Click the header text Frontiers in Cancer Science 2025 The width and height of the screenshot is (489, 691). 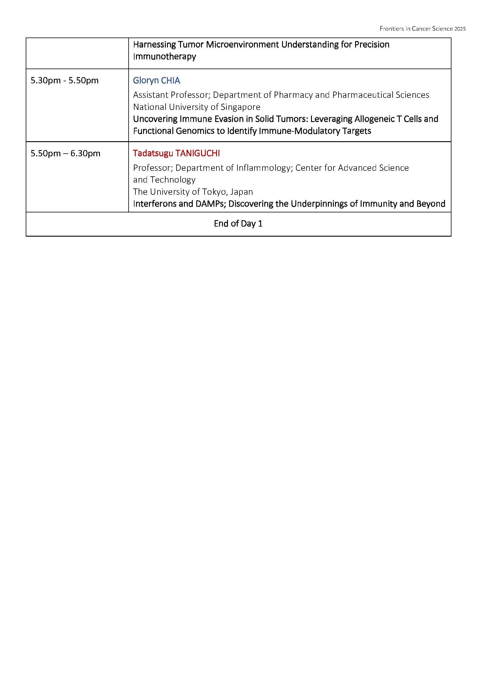pos(422,29)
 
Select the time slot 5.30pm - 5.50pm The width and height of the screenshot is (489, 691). pos(64,81)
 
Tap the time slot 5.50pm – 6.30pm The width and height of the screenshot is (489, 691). pos(65,154)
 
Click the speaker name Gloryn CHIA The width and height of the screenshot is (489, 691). pos(157,81)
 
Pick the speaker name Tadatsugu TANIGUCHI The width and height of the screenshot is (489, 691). pos(177,154)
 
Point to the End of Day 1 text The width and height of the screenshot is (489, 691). pos(238,224)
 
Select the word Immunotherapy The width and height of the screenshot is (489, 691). pos(165,57)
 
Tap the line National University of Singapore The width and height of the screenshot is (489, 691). pos(197,107)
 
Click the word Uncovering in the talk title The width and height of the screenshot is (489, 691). pos(156,119)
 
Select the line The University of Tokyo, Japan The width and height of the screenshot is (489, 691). pos(193,192)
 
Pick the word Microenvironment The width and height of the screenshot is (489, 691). pos(242,45)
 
